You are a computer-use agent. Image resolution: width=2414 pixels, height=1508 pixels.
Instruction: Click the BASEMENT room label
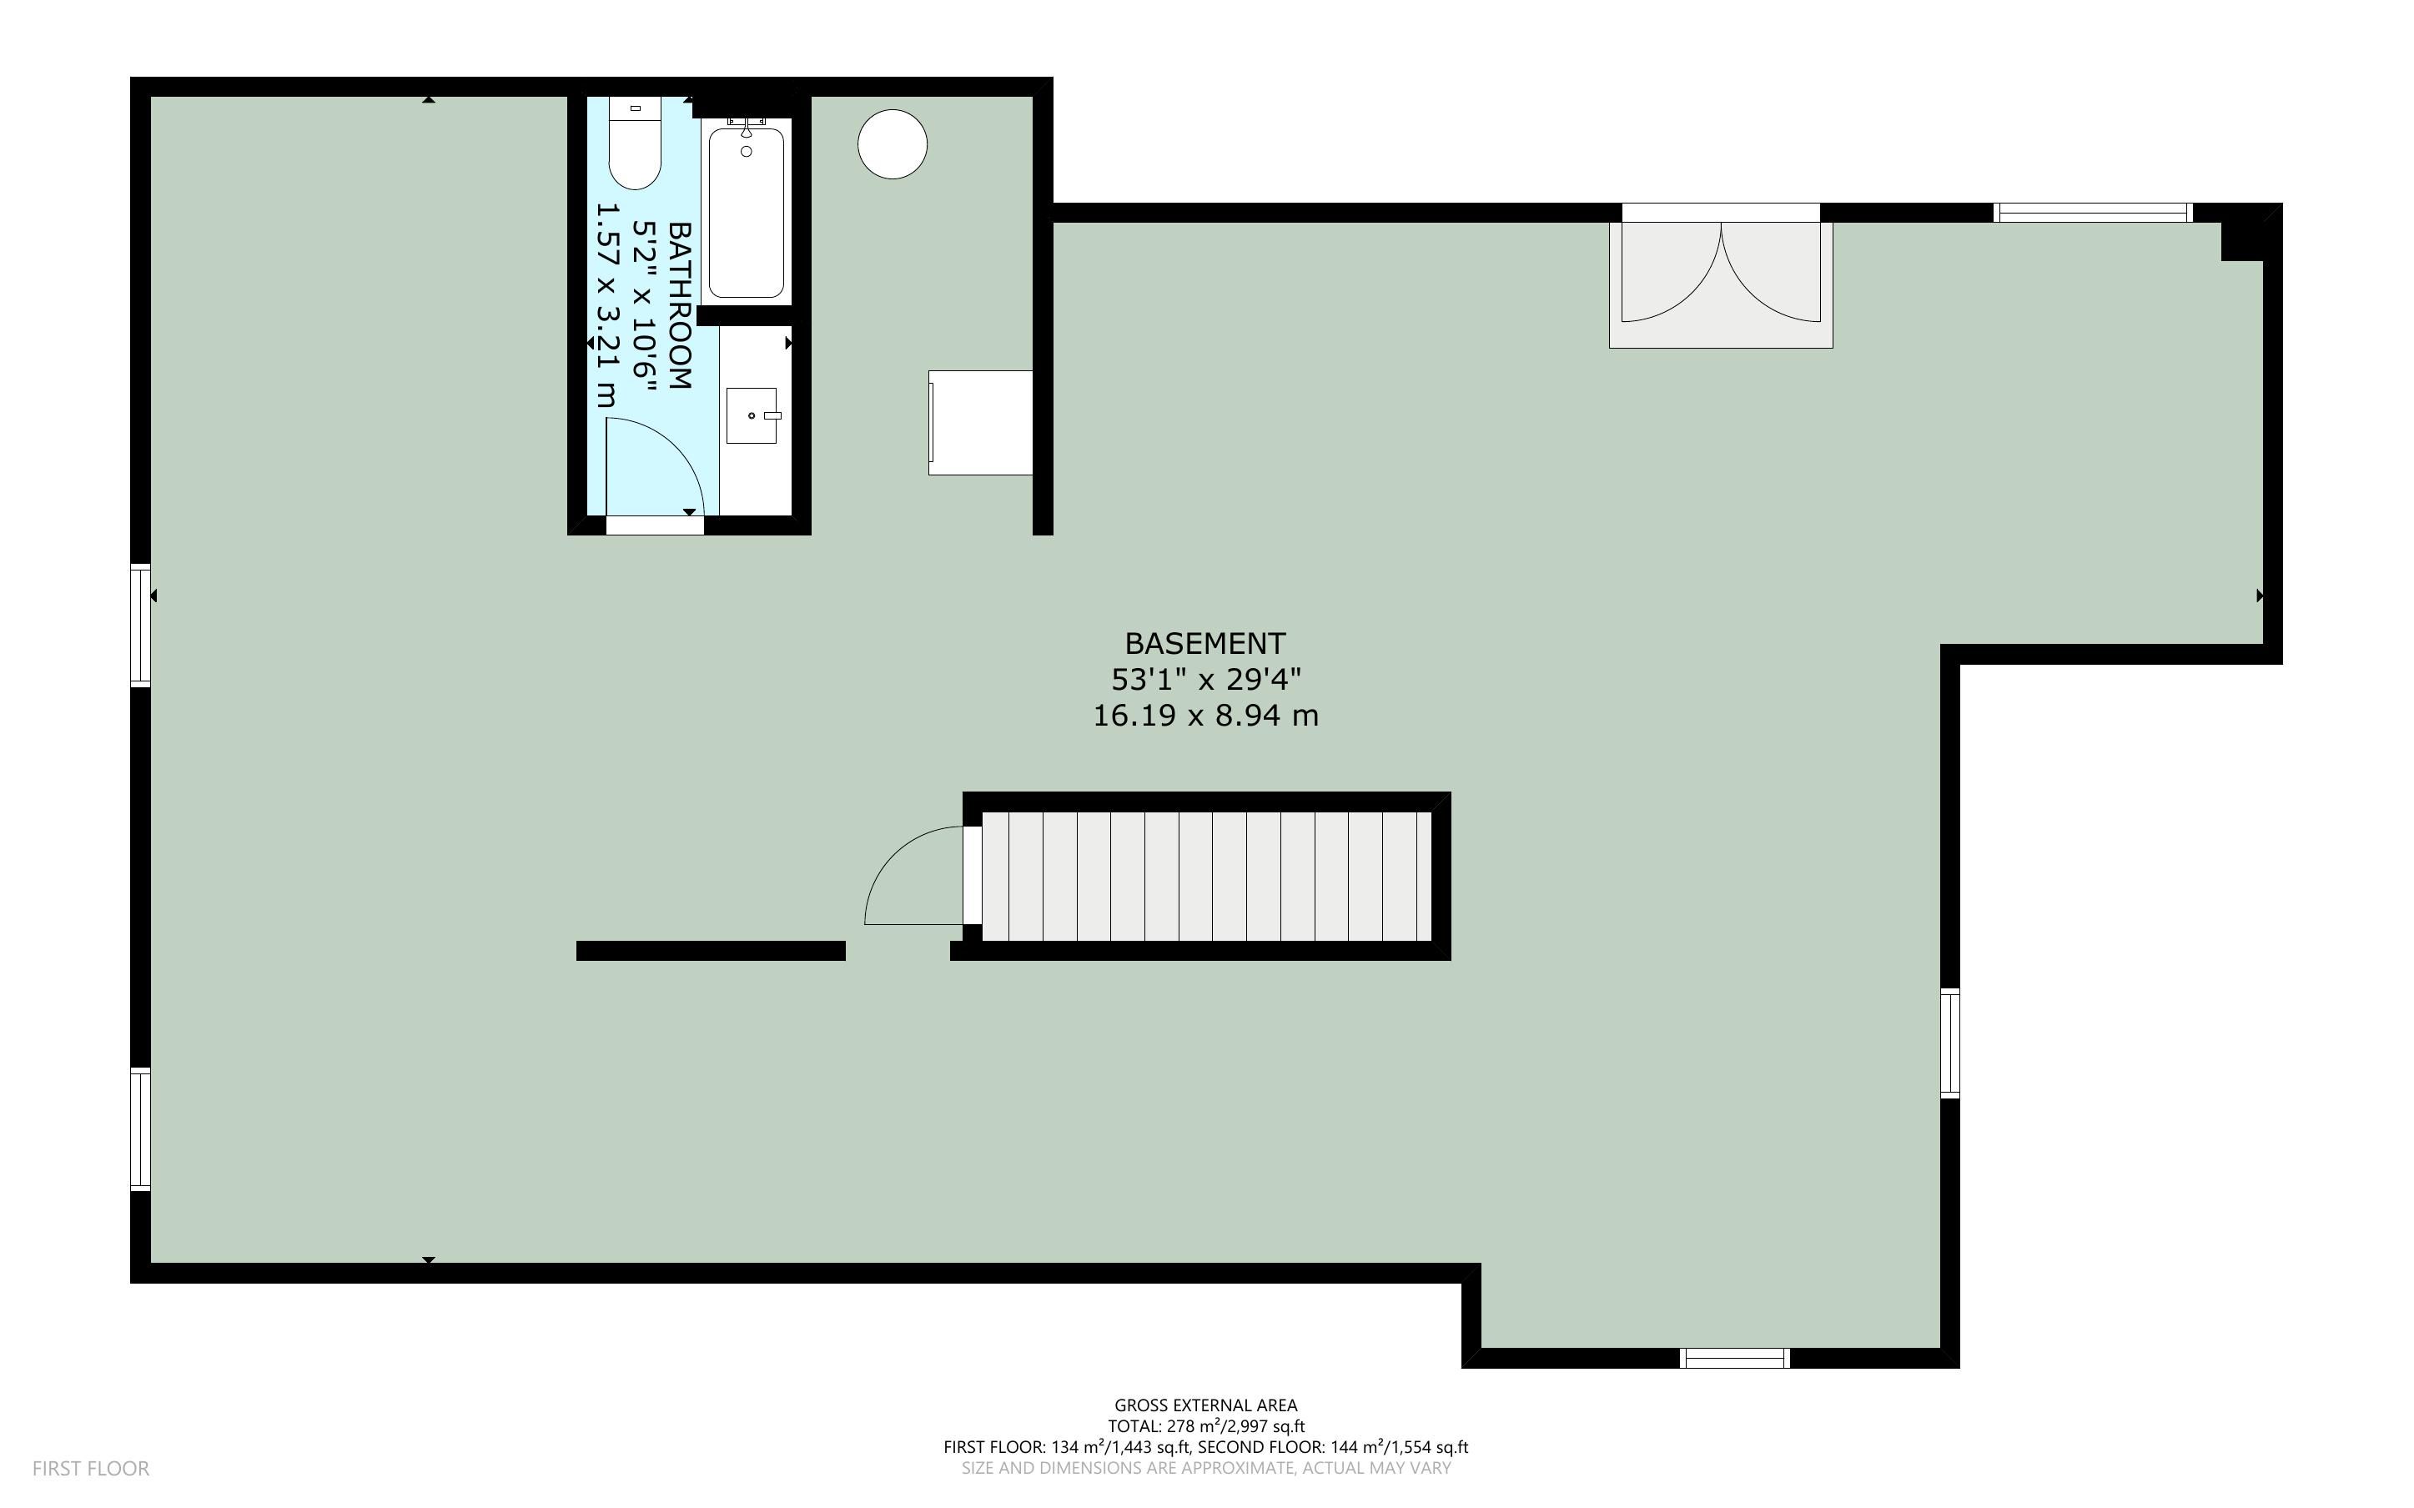click(x=1204, y=643)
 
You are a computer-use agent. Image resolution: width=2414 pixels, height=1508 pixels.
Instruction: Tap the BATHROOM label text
click(x=679, y=305)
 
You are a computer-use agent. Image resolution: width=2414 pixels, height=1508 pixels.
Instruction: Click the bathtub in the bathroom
click(x=746, y=212)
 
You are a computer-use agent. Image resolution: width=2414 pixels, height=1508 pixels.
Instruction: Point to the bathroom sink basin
click(x=751, y=415)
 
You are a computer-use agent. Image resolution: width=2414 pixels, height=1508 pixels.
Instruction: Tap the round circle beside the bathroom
click(x=893, y=144)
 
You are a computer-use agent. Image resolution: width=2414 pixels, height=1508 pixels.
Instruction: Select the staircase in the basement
click(x=1206, y=876)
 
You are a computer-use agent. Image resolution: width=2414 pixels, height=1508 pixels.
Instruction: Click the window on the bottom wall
click(x=1735, y=1357)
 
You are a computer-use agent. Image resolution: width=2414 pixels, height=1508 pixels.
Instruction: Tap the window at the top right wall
click(x=2092, y=213)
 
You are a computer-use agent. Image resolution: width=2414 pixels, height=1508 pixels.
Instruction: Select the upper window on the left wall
click(x=141, y=626)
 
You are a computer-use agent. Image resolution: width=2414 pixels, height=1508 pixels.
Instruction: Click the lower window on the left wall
click(x=141, y=1129)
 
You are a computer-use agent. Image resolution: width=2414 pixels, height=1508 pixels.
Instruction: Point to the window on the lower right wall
click(x=1950, y=1043)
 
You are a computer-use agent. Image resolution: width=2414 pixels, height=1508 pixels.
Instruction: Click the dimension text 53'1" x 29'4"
click(x=1205, y=679)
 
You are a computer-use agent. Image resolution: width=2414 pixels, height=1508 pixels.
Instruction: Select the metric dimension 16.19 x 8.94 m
click(x=1205, y=715)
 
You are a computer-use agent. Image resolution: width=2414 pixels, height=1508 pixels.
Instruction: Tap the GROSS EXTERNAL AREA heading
click(x=1205, y=1405)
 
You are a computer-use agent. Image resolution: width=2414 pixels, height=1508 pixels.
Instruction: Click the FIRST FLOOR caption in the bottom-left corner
click(x=91, y=1468)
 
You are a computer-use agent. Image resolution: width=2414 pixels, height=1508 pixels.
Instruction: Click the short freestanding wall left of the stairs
click(x=711, y=951)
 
